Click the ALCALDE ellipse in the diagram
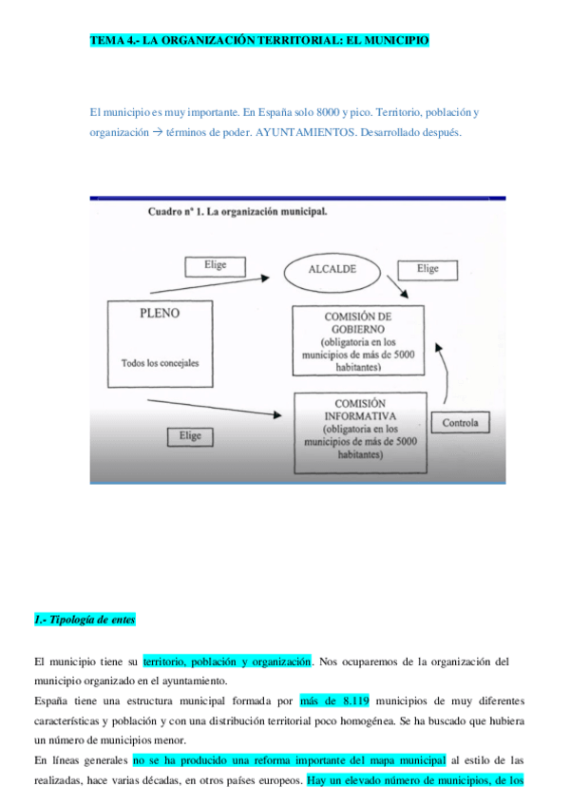tap(332, 270)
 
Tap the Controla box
tap(461, 422)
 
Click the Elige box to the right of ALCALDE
tap(427, 269)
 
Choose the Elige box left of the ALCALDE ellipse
tap(215, 265)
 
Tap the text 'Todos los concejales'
tap(161, 363)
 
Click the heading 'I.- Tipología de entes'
tap(85, 620)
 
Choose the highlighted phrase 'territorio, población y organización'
tap(227, 661)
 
